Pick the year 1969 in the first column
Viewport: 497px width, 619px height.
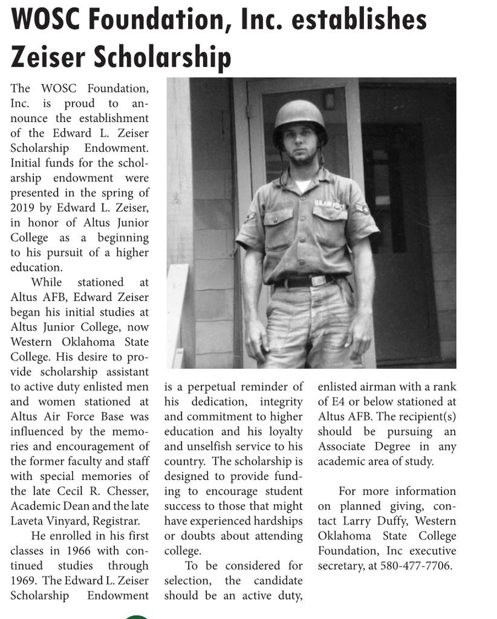pyautogui.click(x=24, y=580)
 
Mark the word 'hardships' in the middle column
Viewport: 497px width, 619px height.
pyautogui.click(x=276, y=521)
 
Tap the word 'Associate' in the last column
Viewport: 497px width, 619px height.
pyautogui.click(x=345, y=447)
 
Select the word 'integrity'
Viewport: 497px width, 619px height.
pyautogui.click(x=281, y=401)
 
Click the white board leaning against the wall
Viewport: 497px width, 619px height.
pyautogui.click(x=177, y=314)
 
